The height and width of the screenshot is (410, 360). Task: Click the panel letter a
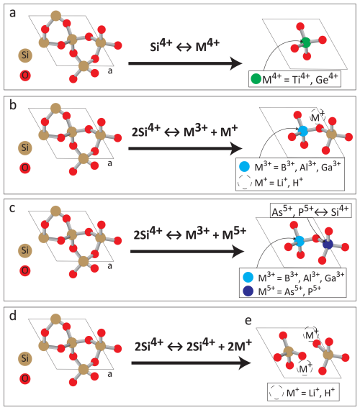(12, 13)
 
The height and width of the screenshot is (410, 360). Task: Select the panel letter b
(13, 104)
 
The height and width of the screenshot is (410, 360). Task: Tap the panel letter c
(12, 208)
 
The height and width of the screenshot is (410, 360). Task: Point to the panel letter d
(13, 315)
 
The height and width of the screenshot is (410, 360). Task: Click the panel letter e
(248, 321)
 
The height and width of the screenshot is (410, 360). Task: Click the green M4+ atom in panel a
(305, 42)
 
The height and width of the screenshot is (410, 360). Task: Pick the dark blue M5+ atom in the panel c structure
(328, 244)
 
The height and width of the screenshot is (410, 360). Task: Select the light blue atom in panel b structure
(303, 130)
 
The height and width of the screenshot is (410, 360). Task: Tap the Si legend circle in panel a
(25, 55)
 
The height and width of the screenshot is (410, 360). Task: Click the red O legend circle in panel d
(25, 378)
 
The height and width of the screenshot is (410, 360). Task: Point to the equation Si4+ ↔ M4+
(184, 45)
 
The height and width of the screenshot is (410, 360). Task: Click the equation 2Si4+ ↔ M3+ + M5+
(190, 234)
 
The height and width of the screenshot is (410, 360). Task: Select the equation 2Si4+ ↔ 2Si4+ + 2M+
(193, 345)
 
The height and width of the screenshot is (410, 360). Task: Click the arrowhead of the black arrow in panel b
(236, 148)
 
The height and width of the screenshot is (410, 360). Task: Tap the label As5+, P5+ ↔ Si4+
(310, 211)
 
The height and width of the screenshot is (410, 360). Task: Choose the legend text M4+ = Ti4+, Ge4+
(300, 78)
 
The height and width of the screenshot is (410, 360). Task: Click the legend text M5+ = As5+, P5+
(289, 291)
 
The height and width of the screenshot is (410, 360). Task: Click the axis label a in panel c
(109, 266)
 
